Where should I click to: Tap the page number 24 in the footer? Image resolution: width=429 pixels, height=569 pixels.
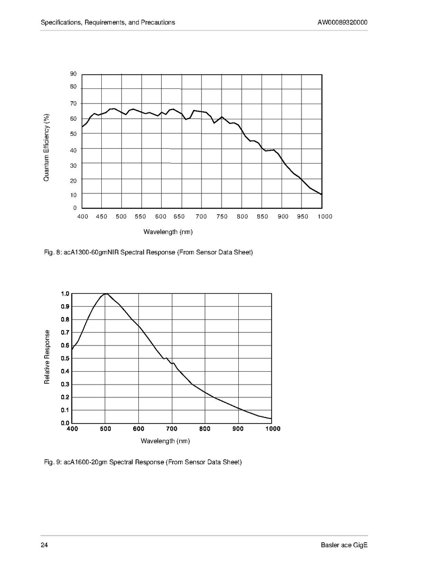pos(44,545)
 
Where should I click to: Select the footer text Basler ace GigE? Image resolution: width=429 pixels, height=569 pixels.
pos(344,545)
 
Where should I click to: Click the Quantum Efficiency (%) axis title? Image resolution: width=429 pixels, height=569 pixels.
pos(47,147)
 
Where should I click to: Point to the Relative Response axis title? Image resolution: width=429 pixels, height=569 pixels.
pos(47,357)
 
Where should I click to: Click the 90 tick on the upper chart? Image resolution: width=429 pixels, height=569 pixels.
pos(73,74)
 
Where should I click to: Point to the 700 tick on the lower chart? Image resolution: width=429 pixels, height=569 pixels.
pos(172,429)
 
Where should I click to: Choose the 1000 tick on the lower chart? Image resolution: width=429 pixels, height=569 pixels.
pos(272,429)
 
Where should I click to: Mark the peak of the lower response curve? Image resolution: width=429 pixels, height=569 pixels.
pos(106,294)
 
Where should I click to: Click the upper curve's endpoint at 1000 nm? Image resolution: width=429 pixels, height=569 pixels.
pos(322,194)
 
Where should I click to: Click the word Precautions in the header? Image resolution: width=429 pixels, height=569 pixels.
pos(158,22)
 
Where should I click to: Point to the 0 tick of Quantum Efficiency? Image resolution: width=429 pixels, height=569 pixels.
pos(75,208)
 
